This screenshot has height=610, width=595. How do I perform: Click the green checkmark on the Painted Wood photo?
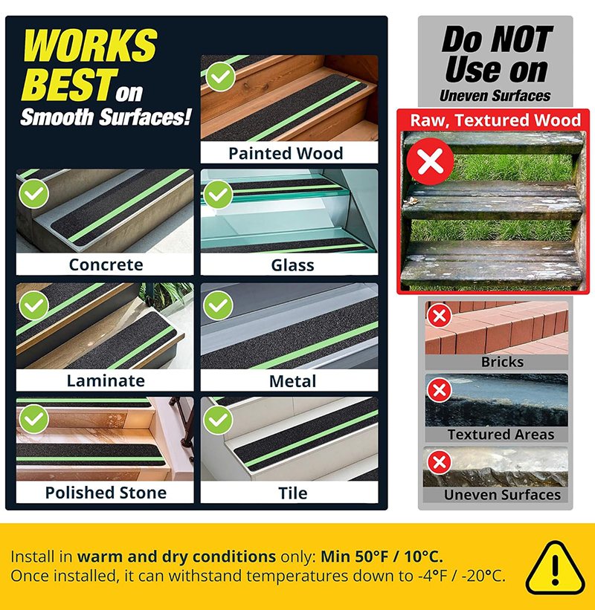tap(220, 77)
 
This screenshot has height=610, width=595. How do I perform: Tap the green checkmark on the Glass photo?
tap(218, 194)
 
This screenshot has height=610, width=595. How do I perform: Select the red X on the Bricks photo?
tap(440, 316)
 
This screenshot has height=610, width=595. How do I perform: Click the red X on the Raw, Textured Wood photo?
tap(431, 161)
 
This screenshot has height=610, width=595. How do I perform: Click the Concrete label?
tap(106, 265)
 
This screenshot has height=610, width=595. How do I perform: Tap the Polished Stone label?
tap(106, 493)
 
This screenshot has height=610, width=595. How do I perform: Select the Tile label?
tap(293, 493)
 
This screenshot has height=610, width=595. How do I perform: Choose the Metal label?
tap(292, 381)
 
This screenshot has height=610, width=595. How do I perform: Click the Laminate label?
tap(106, 380)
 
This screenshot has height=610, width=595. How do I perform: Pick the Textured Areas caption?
tap(501, 434)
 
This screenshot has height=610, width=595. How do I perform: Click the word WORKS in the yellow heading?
tap(90, 45)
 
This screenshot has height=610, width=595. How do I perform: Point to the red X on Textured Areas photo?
tap(440, 390)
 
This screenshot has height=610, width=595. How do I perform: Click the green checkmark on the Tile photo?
tap(218, 420)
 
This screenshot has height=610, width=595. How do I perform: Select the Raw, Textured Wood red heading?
tap(495, 120)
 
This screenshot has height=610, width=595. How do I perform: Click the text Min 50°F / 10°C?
tap(382, 557)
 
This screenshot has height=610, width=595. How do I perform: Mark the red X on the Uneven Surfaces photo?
tap(440, 462)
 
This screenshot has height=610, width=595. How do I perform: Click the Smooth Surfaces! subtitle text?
tap(106, 117)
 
